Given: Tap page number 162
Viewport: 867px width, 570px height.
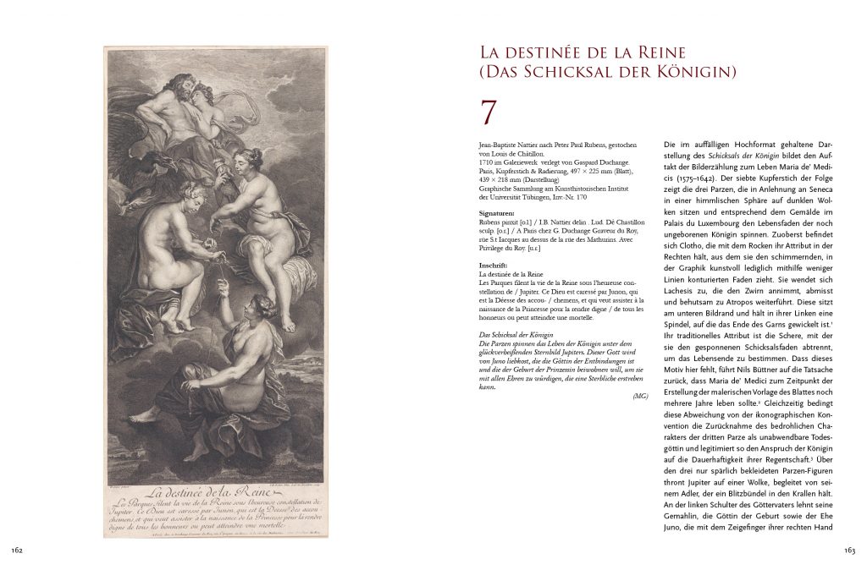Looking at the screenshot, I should click(17, 550).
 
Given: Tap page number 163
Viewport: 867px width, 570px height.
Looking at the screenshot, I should click(849, 550).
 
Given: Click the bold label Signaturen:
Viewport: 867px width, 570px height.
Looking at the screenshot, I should click(497, 214).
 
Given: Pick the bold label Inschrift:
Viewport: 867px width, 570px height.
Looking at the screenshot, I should click(494, 266).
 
